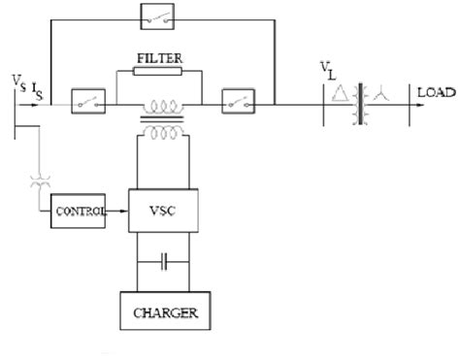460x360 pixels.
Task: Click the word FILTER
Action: (159, 57)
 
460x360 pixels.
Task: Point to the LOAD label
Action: (433, 92)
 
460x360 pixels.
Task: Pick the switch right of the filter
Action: (237, 101)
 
